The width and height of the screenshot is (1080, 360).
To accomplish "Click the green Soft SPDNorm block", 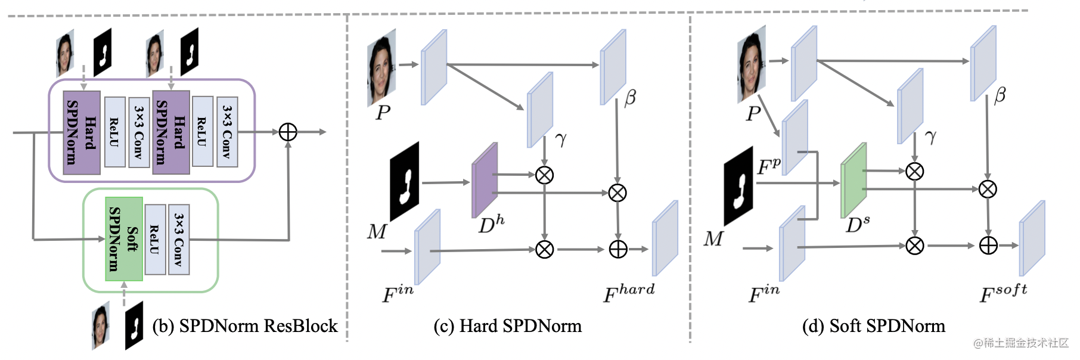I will click(124, 239).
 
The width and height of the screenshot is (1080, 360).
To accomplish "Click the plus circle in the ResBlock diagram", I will click(288, 132).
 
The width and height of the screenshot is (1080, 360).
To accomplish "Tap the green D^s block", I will click(854, 180).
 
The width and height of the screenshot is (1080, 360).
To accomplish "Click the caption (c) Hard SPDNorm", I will click(507, 326).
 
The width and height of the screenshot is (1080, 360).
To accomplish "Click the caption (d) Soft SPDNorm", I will click(873, 326).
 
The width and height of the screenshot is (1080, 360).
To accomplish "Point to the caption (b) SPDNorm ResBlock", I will click(245, 326).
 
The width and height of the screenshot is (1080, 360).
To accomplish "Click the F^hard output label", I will click(628, 293).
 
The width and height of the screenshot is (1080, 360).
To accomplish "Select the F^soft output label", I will click(1003, 293).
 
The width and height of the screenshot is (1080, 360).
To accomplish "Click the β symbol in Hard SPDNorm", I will click(630, 98).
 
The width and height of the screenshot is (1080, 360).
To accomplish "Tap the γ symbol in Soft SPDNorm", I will click(931, 137).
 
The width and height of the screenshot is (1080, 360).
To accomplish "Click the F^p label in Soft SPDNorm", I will click(768, 167).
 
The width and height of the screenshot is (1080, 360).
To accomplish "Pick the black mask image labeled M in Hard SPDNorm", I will click(405, 181).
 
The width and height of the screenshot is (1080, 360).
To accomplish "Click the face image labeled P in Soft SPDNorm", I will click(752, 64).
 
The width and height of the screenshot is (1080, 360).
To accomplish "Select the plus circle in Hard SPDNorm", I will click(618, 249).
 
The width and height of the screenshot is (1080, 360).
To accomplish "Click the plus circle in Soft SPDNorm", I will click(988, 246).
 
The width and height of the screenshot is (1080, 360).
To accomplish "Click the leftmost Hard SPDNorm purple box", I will click(82, 132).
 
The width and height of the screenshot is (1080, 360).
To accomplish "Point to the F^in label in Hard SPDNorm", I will click(398, 293).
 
